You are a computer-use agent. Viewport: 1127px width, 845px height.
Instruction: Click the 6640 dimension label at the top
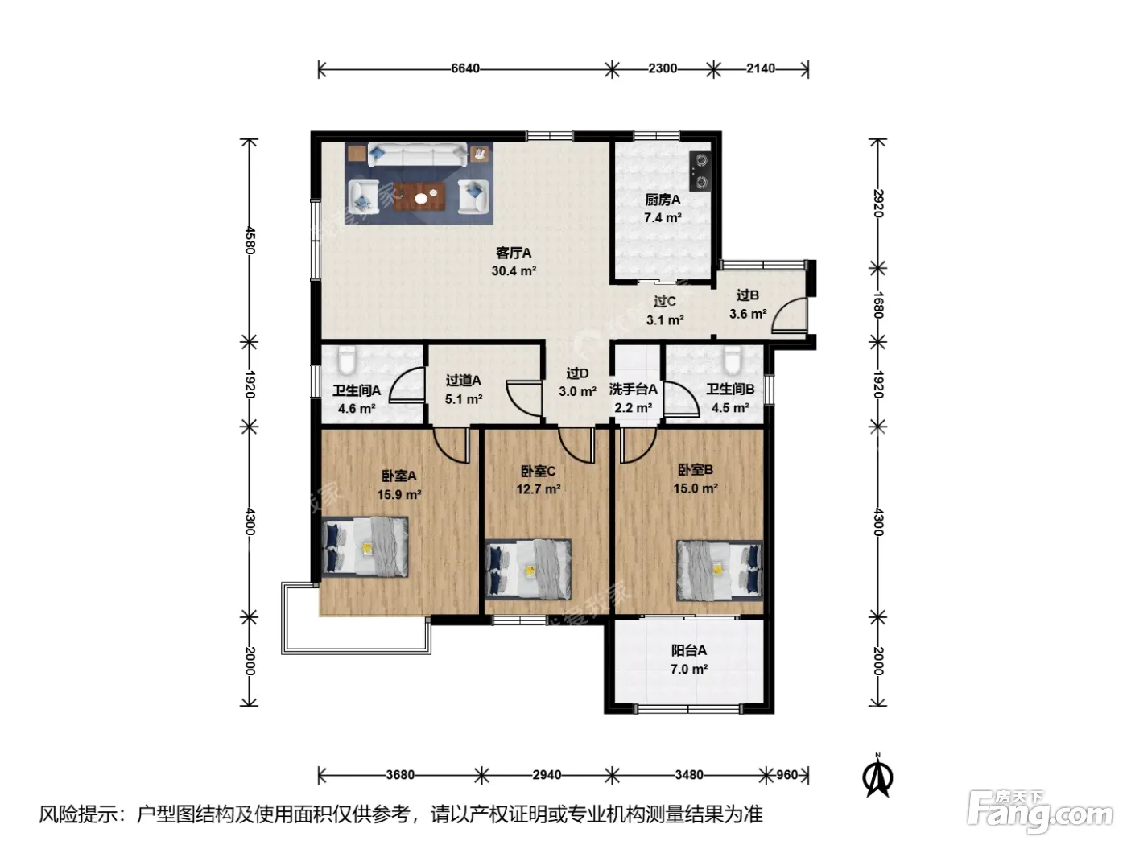[x=464, y=68]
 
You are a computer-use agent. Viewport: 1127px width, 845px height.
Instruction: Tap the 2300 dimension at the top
[x=662, y=68]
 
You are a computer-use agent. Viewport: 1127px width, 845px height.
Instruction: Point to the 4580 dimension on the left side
[x=250, y=240]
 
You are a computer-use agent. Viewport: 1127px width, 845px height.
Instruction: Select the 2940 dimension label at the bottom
[x=547, y=775]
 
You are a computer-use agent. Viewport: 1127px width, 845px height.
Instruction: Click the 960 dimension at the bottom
[x=786, y=775]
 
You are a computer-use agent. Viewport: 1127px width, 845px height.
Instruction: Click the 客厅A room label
[x=514, y=253]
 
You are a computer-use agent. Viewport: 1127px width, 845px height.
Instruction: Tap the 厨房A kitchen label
[x=663, y=200]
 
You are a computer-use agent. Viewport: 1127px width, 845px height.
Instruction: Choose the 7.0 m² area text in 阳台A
[x=689, y=669]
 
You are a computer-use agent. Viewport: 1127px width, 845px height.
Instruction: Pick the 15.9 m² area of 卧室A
[x=399, y=495]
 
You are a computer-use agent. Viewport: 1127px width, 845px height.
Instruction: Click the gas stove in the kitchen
[x=700, y=171]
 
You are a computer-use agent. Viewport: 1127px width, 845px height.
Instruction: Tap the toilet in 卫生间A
[x=347, y=360]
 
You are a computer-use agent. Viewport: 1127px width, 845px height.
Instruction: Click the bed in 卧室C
[x=528, y=569]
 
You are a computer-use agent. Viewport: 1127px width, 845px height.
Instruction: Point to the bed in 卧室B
[x=720, y=570]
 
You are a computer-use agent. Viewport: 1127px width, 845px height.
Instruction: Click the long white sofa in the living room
[x=418, y=154]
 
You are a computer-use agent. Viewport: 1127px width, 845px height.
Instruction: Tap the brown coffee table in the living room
[x=419, y=196]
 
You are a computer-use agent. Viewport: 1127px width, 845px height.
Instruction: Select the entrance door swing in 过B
[x=789, y=315]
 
